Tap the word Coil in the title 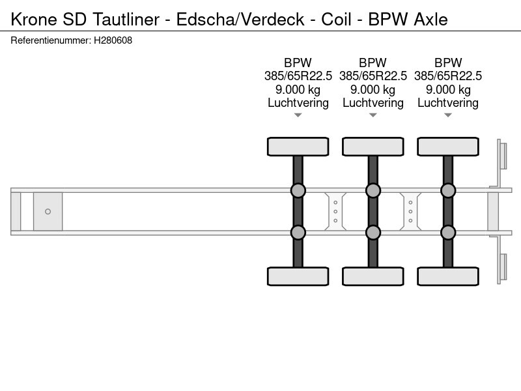pyautogui.click(x=336, y=20)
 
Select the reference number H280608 pyautogui.click(x=113, y=40)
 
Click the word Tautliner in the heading pyautogui.click(x=126, y=20)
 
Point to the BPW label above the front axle pyautogui.click(x=298, y=63)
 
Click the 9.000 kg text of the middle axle pyautogui.click(x=373, y=89)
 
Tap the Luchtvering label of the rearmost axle pyautogui.click(x=448, y=103)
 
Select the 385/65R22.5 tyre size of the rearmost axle pyautogui.click(x=448, y=76)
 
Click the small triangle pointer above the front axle pyautogui.click(x=298, y=115)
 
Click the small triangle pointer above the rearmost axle pyautogui.click(x=448, y=115)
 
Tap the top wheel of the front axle pyautogui.click(x=298, y=146)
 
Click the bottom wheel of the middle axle pyautogui.click(x=373, y=276)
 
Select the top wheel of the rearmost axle pyautogui.click(x=448, y=146)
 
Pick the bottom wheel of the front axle pyautogui.click(x=298, y=276)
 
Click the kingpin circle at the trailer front pyautogui.click(x=48, y=211)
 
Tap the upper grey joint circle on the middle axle pyautogui.click(x=373, y=190)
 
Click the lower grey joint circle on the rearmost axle pyautogui.click(x=448, y=233)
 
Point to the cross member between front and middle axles pyautogui.click(x=335, y=211)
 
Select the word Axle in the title pyautogui.click(x=431, y=20)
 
